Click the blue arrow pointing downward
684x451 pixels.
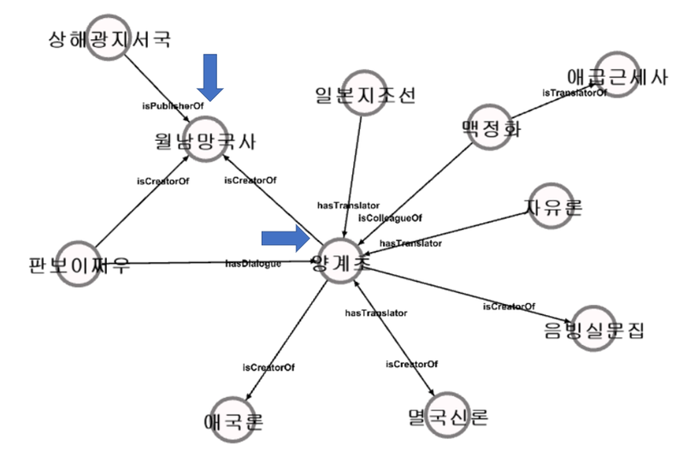[x=209, y=77]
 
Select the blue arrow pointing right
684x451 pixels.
[x=284, y=241]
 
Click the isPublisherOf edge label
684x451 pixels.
[x=166, y=105]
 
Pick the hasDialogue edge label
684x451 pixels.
[x=253, y=263]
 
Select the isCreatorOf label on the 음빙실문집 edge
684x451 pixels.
[x=509, y=307]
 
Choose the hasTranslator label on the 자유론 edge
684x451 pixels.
[x=410, y=243]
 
